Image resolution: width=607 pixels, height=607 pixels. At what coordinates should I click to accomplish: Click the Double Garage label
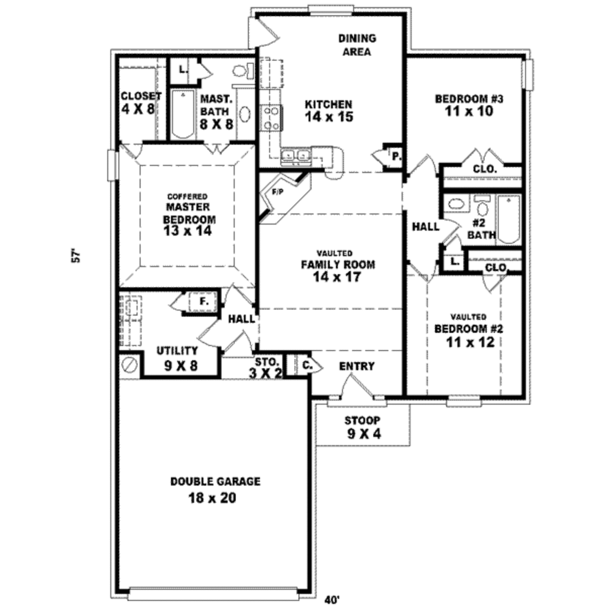point(215,481)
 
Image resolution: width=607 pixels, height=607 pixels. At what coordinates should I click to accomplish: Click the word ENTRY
point(356,366)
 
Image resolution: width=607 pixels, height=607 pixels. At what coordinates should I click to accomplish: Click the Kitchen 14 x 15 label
point(329,111)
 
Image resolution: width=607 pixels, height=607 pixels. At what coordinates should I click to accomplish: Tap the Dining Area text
point(357,45)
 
